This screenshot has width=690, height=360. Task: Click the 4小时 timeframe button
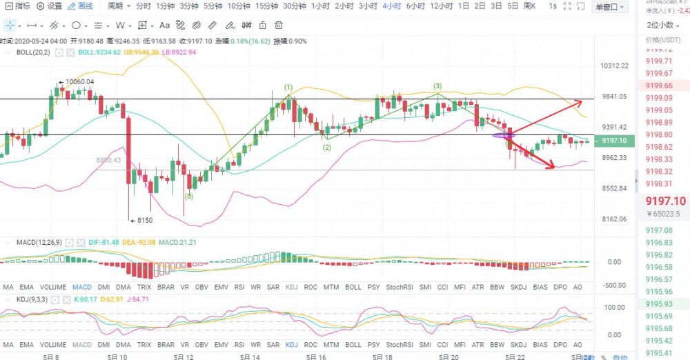(x=392, y=6)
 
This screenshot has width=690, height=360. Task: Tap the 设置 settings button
(x=50, y=6)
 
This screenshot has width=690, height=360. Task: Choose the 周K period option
(x=531, y=6)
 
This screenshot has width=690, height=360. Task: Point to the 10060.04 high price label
(x=79, y=81)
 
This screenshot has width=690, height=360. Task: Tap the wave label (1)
(x=288, y=87)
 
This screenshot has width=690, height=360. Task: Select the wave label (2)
(x=326, y=147)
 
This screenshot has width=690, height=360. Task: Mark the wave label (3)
(x=437, y=86)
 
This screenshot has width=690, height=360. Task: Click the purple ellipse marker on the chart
(x=503, y=136)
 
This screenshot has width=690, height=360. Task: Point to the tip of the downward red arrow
(x=555, y=168)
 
